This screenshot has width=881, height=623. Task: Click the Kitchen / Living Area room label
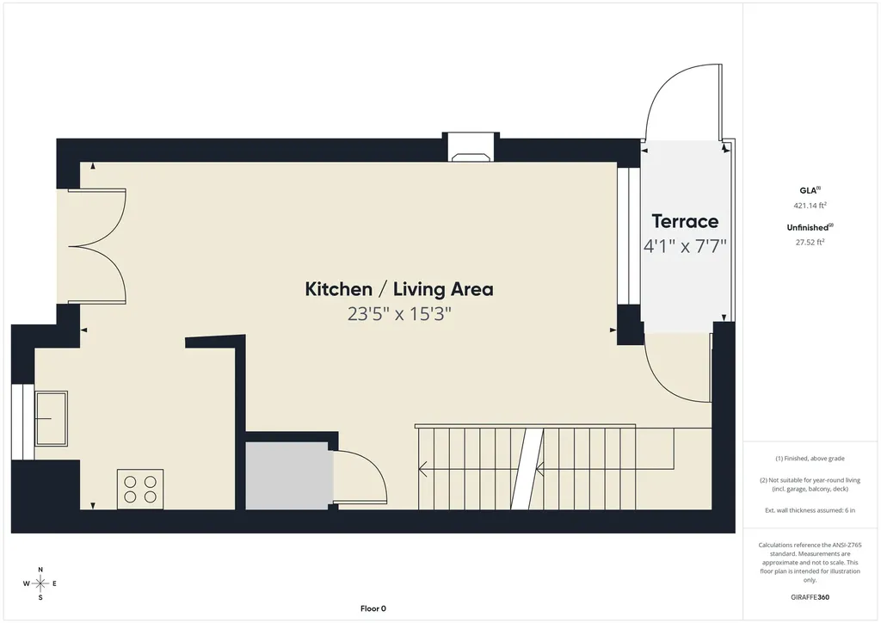(x=399, y=289)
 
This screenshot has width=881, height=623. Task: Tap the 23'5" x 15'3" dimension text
(x=399, y=313)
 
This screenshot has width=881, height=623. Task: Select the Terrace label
(x=685, y=221)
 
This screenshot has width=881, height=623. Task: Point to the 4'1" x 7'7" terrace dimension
(x=685, y=245)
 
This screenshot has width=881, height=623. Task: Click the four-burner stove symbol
(x=140, y=490)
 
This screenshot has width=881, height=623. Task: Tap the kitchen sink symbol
(x=51, y=418)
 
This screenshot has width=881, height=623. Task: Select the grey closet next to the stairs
(x=287, y=476)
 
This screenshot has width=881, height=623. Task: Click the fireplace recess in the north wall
(x=471, y=148)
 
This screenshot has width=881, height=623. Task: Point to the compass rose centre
(x=40, y=583)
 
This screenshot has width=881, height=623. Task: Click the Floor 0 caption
(x=373, y=608)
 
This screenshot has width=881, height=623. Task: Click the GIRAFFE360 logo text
(x=810, y=597)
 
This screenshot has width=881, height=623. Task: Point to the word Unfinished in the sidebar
(x=807, y=227)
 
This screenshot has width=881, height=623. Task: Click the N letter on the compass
(x=40, y=570)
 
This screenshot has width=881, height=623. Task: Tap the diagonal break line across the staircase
(x=527, y=468)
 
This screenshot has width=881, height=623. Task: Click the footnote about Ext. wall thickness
(x=810, y=510)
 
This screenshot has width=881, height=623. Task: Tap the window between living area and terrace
(x=629, y=236)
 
